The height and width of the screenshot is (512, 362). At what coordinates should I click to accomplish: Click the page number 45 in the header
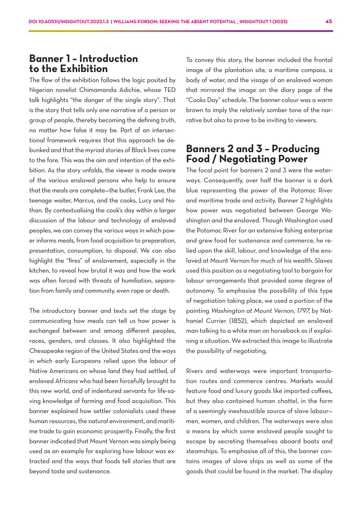[x=329, y=21]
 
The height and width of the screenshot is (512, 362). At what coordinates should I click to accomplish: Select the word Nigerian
[x=41, y=90]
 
